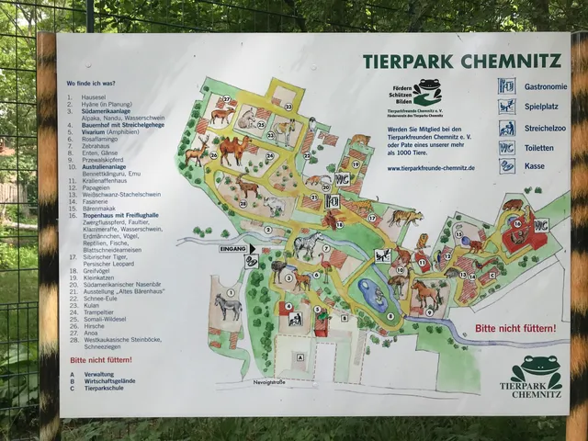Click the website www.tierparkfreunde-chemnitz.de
[x=430, y=168]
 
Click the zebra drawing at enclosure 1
[x=228, y=305]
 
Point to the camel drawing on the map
[x=232, y=147]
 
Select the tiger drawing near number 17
[x=402, y=217]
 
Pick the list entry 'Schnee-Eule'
[x=100, y=299]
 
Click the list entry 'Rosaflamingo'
[x=102, y=138]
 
